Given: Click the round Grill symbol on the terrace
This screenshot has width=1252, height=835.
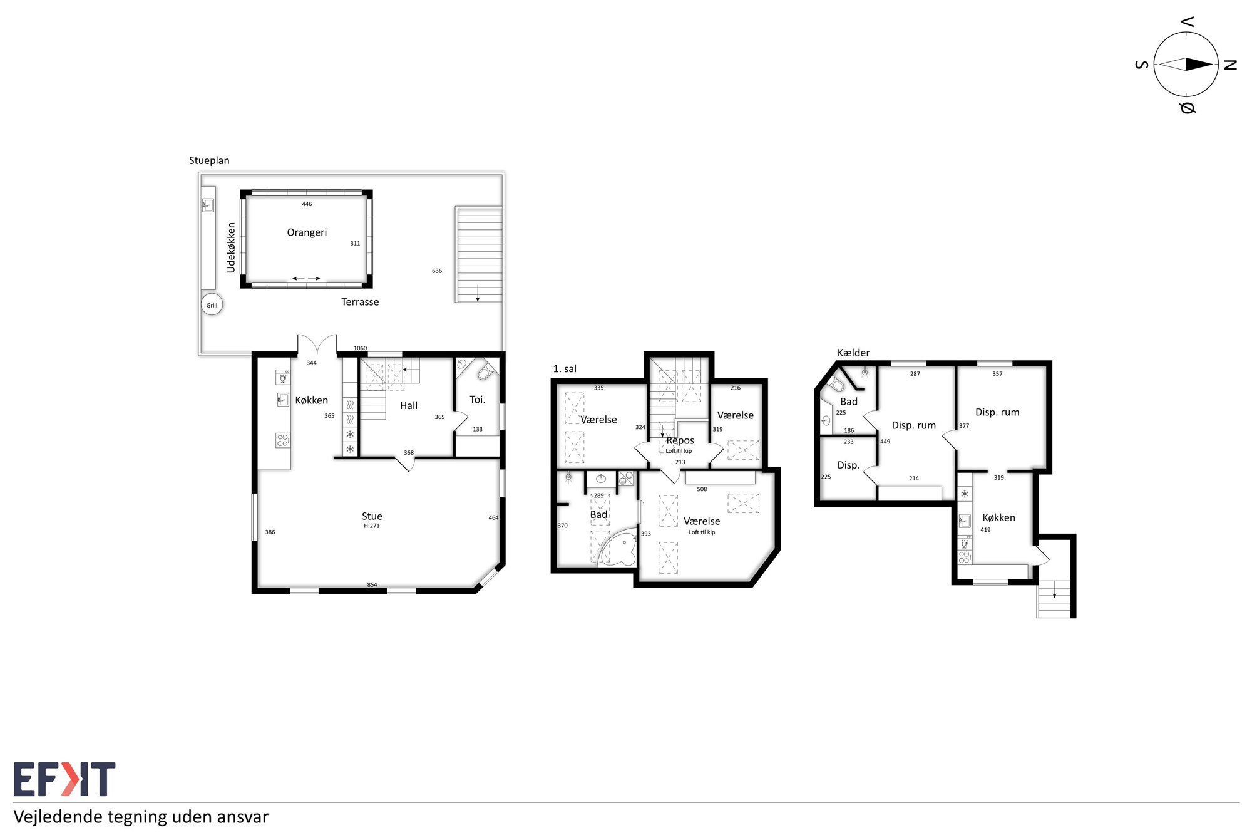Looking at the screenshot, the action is click(212, 305).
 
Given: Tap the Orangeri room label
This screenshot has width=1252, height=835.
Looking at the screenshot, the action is click(307, 232).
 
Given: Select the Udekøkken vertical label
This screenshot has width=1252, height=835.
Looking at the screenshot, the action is click(231, 248).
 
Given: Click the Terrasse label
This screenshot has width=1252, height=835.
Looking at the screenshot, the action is click(360, 302).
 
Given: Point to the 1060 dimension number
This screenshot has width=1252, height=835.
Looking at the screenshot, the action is click(360, 348).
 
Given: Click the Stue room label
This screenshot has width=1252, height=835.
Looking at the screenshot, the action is click(372, 516).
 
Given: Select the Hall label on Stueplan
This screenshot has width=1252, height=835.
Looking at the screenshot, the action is click(409, 406).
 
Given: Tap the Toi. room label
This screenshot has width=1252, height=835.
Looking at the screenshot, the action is click(478, 400).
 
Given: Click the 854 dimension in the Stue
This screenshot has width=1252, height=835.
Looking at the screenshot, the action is click(372, 585).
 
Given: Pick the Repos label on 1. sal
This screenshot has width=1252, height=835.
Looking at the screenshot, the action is click(680, 441).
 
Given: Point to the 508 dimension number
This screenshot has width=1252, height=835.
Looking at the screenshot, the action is click(702, 489).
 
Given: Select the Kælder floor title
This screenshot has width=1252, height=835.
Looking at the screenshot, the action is click(853, 353).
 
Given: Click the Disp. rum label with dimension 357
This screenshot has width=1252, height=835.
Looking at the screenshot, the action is click(997, 412).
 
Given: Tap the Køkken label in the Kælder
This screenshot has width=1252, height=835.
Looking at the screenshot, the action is click(998, 517).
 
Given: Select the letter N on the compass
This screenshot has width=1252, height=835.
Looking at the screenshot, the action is click(1230, 65).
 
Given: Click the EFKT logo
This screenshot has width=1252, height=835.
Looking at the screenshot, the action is click(64, 779).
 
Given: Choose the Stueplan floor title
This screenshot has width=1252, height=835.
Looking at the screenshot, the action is click(209, 160).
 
